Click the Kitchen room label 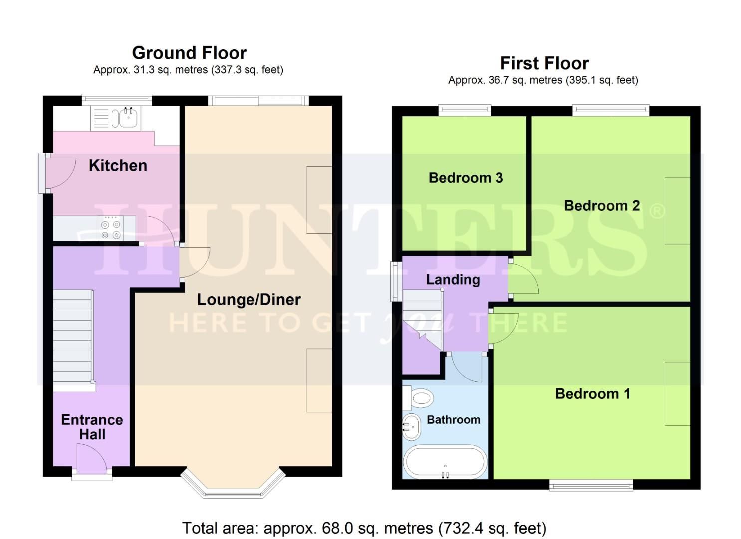(118, 165)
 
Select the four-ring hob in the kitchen (111, 229)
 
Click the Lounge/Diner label (248, 299)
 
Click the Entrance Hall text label (92, 427)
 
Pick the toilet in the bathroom (420, 398)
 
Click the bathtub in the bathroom (445, 462)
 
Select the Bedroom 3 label (466, 178)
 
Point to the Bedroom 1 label (592, 394)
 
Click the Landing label (453, 280)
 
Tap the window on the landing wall (396, 281)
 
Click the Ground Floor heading (189, 53)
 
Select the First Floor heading (544, 63)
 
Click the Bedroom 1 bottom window (591, 484)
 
